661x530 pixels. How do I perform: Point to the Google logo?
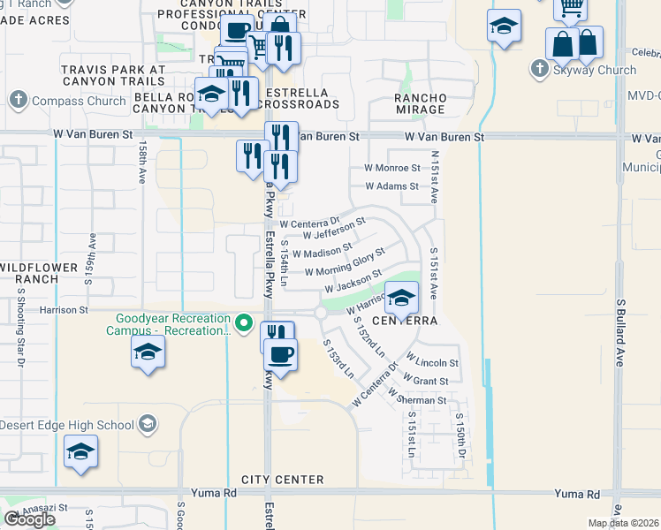point(29,519)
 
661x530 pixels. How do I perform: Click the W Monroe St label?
point(391,167)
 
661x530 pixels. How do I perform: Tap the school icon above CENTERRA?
point(401,299)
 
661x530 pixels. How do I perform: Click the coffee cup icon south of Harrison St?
point(281,355)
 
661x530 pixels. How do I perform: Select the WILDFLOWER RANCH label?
point(29,273)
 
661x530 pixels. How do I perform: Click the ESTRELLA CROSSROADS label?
point(300,98)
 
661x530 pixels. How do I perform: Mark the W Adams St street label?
point(391,186)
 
